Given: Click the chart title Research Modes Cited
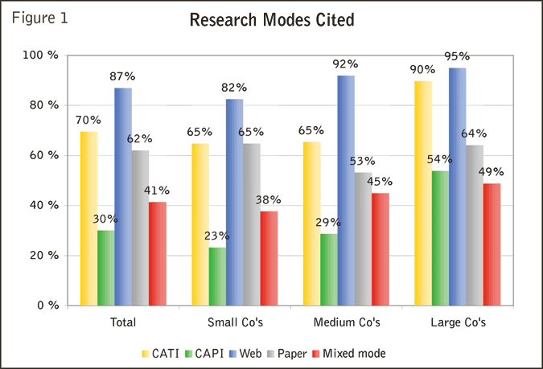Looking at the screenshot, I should tap(271, 20).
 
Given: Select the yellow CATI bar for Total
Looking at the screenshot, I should tap(88, 218).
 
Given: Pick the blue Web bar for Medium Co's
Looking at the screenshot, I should tap(346, 190).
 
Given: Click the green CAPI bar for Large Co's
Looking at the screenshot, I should tap(439, 238).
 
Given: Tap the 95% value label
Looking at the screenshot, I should tap(457, 56).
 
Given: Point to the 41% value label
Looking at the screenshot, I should tap(157, 191).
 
